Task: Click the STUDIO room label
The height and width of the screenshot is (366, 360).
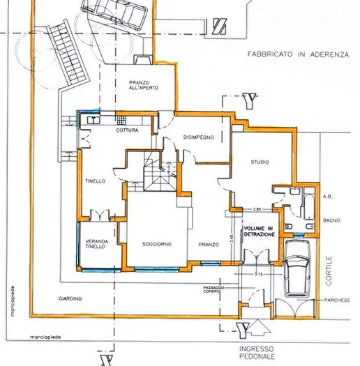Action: point(260,162)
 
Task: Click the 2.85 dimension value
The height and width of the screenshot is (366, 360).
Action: point(257,209)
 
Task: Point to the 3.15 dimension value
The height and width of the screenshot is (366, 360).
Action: point(257,274)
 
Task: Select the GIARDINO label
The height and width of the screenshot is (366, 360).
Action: point(70,298)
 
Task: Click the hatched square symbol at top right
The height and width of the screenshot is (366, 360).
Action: point(220,26)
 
